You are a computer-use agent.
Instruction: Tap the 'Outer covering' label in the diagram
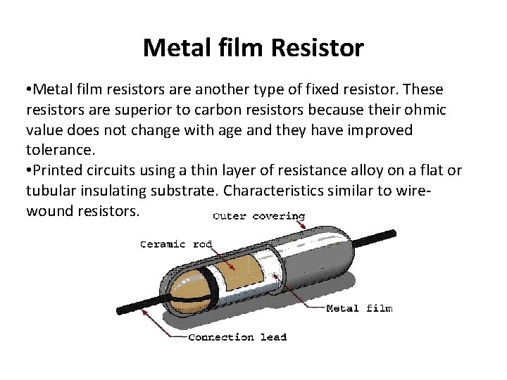coord(259,215)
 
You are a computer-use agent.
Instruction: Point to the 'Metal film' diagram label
coord(359,308)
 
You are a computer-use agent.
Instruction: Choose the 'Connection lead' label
coord(238,337)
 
